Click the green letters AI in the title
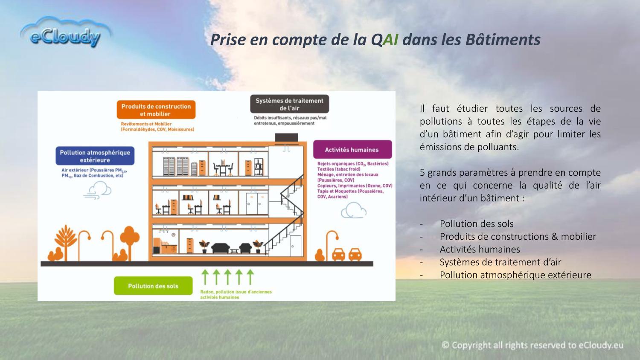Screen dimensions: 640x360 coord(390,39)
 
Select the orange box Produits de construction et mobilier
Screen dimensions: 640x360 coord(156,110)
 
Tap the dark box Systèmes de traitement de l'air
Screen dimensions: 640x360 coord(289,104)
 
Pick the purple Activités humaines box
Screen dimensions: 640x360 coord(352,149)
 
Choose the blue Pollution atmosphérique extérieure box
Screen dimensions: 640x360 coord(95,156)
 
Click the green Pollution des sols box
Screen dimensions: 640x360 coord(153,286)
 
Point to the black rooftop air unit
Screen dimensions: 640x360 coord(286,137)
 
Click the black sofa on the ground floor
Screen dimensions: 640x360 coord(220,248)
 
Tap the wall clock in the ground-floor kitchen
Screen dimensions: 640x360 coord(173,235)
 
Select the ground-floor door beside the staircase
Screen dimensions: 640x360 coord(295,246)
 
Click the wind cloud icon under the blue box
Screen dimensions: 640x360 coord(97,190)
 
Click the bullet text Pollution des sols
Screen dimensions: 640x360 coord(477,224)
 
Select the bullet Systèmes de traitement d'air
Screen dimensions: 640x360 coord(500,262)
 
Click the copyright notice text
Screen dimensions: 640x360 coord(532,345)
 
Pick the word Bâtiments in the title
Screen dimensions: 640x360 coord(503,39)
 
